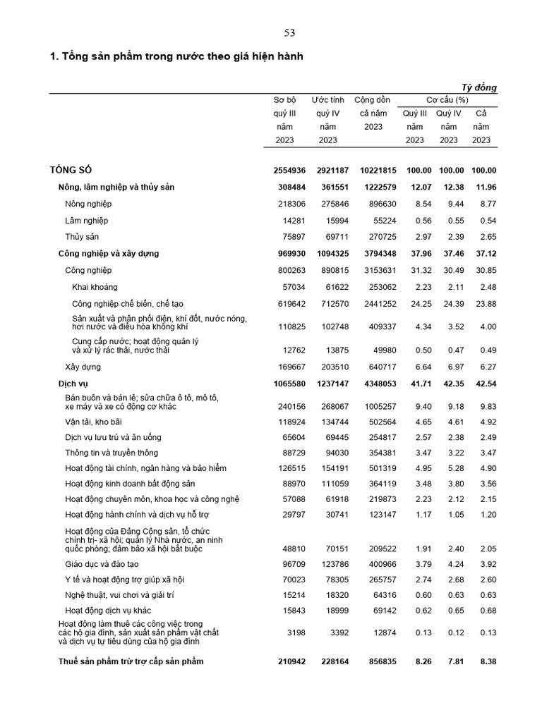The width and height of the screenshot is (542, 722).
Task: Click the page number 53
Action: pyautogui.click(x=289, y=32)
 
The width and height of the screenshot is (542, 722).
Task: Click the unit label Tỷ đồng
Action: pyautogui.click(x=479, y=87)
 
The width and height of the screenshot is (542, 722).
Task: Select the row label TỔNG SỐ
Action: pyautogui.click(x=71, y=170)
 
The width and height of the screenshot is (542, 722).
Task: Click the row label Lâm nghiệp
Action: pyautogui.click(x=86, y=221)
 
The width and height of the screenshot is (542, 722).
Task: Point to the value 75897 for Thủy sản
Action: pyautogui.click(x=293, y=237)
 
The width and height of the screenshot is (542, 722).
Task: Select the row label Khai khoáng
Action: pyautogui.click(x=95, y=287)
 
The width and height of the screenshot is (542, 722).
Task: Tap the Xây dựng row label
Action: pyautogui.click(x=83, y=367)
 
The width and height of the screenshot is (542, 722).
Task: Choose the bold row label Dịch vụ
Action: pyautogui.click(x=73, y=384)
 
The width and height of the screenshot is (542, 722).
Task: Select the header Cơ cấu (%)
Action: pyautogui.click(x=447, y=100)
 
